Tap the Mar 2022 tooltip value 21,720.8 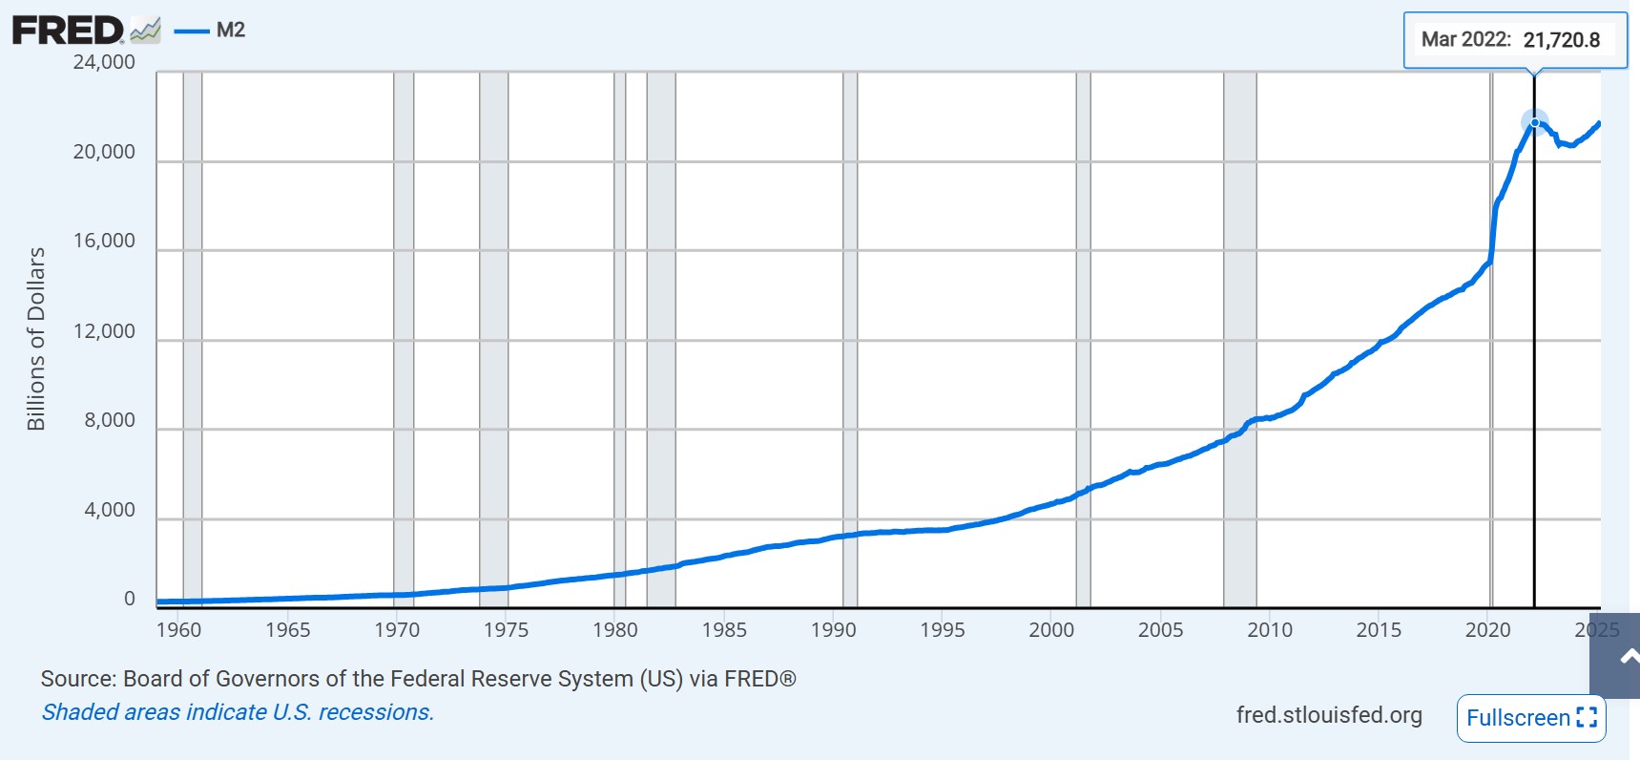click(x=1561, y=40)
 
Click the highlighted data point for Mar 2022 click(x=1534, y=122)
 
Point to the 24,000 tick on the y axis click(x=104, y=62)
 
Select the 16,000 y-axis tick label click(x=104, y=241)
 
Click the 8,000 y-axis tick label click(x=110, y=420)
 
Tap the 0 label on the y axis click(x=130, y=599)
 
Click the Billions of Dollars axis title click(x=36, y=339)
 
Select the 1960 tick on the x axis click(x=178, y=630)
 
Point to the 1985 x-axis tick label click(x=724, y=630)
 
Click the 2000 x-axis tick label click(x=1051, y=630)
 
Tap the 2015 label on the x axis click(x=1379, y=630)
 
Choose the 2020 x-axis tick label click(x=1487, y=630)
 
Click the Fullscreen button click(x=1530, y=718)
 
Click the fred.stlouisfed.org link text click(x=1328, y=715)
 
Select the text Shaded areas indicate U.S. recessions click(x=238, y=712)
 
